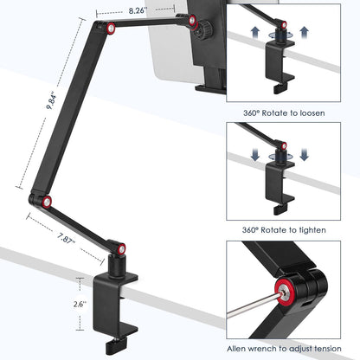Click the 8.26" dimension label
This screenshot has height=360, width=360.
[137, 11]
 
